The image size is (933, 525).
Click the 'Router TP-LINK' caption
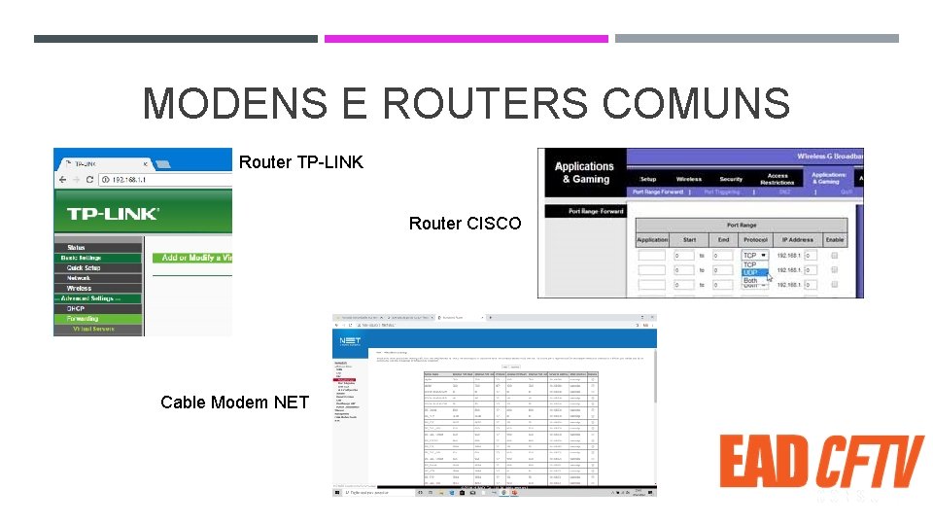tap(301, 162)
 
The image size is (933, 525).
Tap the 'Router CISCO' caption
tap(465, 224)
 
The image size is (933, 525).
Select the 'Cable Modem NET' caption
tap(234, 402)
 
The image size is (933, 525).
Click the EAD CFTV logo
tap(821, 462)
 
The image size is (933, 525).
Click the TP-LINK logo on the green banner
tap(113, 213)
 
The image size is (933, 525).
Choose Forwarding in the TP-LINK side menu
tap(83, 319)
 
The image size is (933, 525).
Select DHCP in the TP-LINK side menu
tap(76, 308)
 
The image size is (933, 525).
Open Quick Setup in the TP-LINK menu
tap(83, 267)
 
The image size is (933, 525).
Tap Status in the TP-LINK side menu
tap(75, 248)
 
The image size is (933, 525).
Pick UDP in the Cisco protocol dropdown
tap(750, 272)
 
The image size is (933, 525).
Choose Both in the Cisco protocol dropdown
tap(750, 280)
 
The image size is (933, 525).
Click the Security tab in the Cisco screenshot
tap(731, 179)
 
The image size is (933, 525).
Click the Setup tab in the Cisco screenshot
tap(647, 179)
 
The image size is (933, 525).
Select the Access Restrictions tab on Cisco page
tap(777, 179)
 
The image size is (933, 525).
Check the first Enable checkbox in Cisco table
tap(834, 256)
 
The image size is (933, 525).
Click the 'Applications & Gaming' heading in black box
tap(583, 172)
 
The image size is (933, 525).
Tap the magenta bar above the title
tap(466, 39)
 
